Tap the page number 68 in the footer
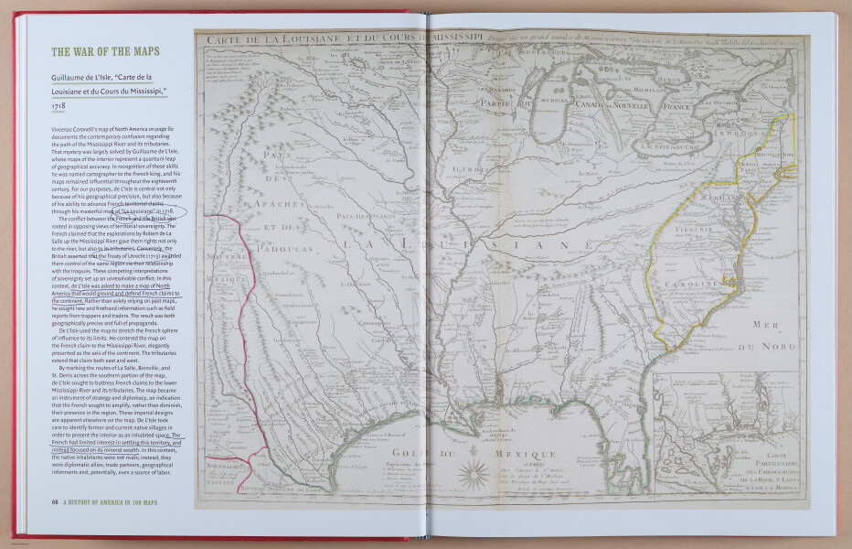pos(56,501)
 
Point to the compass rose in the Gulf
pos(474,472)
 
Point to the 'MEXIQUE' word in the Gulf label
pos(525,455)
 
